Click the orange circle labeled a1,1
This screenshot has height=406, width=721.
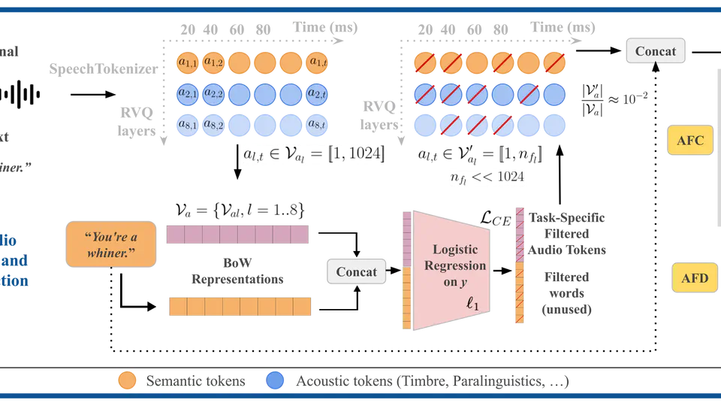tap(187, 62)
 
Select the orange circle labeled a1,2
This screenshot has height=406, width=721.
tap(213, 62)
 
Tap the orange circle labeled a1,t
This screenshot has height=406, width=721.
tap(318, 62)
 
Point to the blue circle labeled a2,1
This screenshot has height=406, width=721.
tap(187, 93)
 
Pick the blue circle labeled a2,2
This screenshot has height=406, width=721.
tap(213, 93)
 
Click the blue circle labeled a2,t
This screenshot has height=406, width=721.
tap(318, 93)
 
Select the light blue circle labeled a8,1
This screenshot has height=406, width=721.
tap(187, 124)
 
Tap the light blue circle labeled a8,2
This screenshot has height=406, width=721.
tap(213, 124)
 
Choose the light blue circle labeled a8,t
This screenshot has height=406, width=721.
tap(318, 124)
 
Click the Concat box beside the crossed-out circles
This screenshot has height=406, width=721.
tap(655, 51)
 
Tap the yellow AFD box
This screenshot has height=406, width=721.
tap(694, 278)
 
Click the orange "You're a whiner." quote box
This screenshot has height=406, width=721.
tap(110, 244)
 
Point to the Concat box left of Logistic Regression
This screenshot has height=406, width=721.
tap(356, 271)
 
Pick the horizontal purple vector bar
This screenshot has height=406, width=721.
tap(237, 235)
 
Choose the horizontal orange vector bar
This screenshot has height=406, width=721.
tap(240, 307)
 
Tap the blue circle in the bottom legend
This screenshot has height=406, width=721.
tap(276, 380)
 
